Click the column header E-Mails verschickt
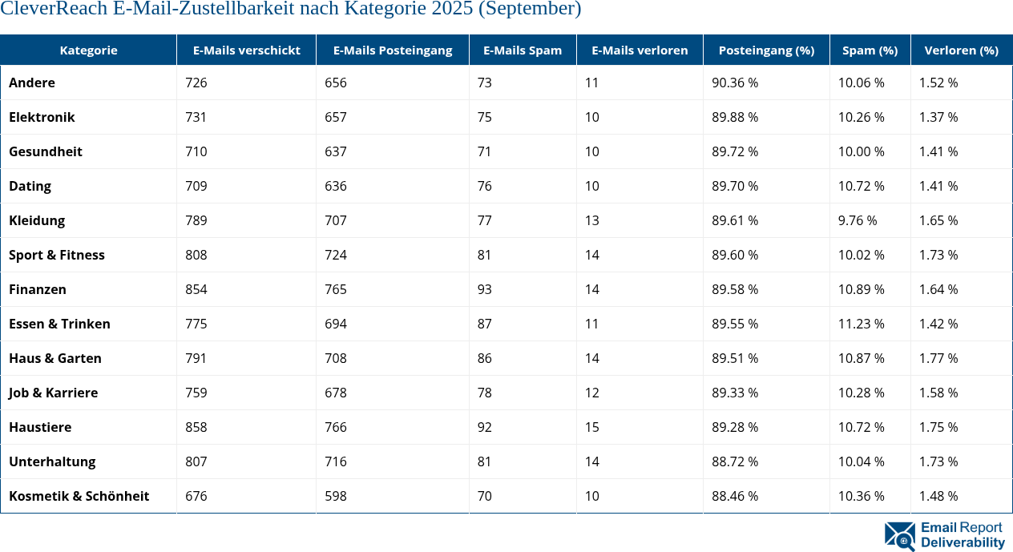[246, 50]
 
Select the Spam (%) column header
[870, 50]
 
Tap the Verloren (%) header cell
[961, 50]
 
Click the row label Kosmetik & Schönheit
[79, 496]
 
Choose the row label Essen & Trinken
[59, 324]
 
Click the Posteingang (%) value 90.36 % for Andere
[734, 83]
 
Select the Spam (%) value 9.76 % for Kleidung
[857, 220]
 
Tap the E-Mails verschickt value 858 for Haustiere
[196, 427]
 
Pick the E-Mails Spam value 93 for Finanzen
[485, 289]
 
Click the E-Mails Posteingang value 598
[336, 496]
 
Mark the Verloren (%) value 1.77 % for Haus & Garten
[938, 358]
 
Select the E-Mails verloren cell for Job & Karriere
[591, 393]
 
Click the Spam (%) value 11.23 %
[861, 324]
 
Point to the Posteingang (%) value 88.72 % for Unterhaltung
[734, 461]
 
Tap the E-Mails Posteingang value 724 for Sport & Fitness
[336, 255]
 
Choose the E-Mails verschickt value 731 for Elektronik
[196, 117]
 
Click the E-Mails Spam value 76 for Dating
[485, 186]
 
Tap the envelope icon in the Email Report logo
[899, 536]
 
